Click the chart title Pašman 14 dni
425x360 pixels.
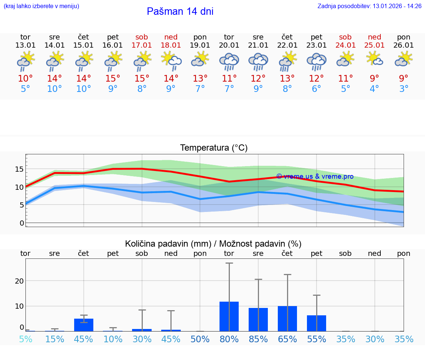(180, 11)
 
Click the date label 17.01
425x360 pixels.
(142, 45)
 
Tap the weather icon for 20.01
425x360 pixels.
(229, 62)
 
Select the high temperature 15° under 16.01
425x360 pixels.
(113, 78)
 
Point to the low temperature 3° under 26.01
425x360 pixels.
(404, 89)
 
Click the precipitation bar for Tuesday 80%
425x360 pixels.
(229, 316)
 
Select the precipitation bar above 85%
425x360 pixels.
(258, 319)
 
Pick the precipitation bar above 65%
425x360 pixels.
(287, 319)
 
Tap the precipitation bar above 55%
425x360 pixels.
(317, 323)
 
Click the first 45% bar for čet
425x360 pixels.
(84, 325)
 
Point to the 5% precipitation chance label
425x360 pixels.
(25, 339)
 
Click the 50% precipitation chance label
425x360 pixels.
(200, 339)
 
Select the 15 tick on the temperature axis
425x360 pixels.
(19, 169)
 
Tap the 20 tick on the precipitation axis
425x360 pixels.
(19, 281)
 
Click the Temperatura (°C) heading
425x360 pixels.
(214, 148)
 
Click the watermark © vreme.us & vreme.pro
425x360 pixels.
(315, 176)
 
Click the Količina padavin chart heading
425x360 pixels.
(213, 244)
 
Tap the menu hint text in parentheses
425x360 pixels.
(41, 6)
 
